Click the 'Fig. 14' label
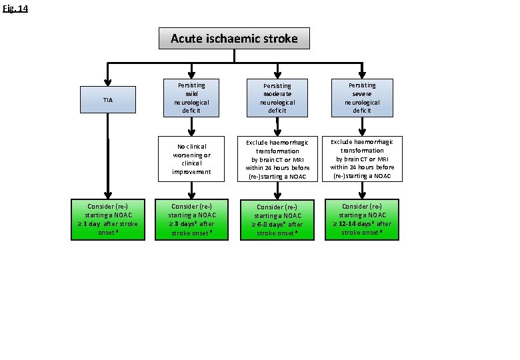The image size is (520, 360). (14, 9)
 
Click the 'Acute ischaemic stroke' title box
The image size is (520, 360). (234, 38)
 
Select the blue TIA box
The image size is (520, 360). (108, 100)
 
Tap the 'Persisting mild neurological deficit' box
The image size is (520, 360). (191, 98)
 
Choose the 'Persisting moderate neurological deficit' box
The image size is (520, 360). (277, 98)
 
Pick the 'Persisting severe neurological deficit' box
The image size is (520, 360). (361, 97)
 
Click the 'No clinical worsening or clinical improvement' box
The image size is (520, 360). (191, 159)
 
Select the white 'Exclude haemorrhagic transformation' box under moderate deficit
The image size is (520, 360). (277, 159)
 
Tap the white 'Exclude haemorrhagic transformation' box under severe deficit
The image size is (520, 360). (361, 159)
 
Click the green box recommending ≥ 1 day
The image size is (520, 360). (108, 219)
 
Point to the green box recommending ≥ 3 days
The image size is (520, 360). (191, 219)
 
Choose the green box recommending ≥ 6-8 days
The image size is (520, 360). (277, 220)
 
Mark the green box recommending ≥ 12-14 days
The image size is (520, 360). (361, 219)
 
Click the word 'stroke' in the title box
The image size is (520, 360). (279, 38)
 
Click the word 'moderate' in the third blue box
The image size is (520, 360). (277, 94)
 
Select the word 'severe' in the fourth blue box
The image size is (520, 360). (362, 94)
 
